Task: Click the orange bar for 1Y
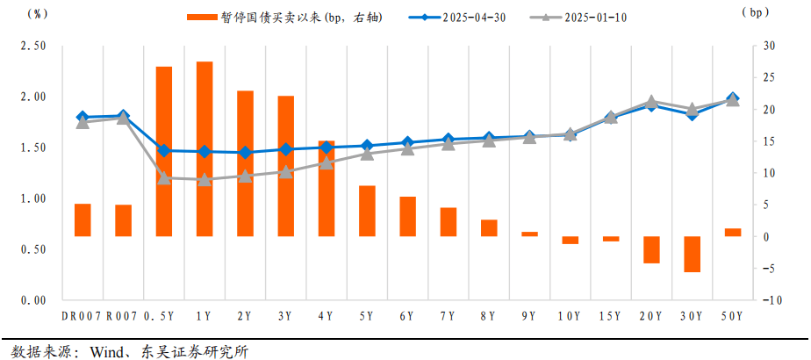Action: click(204, 149)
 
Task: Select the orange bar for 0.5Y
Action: click(163, 151)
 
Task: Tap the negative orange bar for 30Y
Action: click(692, 254)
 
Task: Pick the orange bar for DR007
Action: click(83, 220)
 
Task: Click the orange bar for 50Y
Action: click(732, 232)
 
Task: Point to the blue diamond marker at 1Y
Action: click(204, 151)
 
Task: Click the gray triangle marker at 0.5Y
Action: click(163, 178)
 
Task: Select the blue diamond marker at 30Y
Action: click(692, 113)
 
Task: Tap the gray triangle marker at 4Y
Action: click(326, 162)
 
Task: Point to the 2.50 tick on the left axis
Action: click(33, 47)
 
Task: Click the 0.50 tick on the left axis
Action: click(33, 249)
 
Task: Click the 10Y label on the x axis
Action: click(570, 315)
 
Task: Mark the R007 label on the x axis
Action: click(122, 315)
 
